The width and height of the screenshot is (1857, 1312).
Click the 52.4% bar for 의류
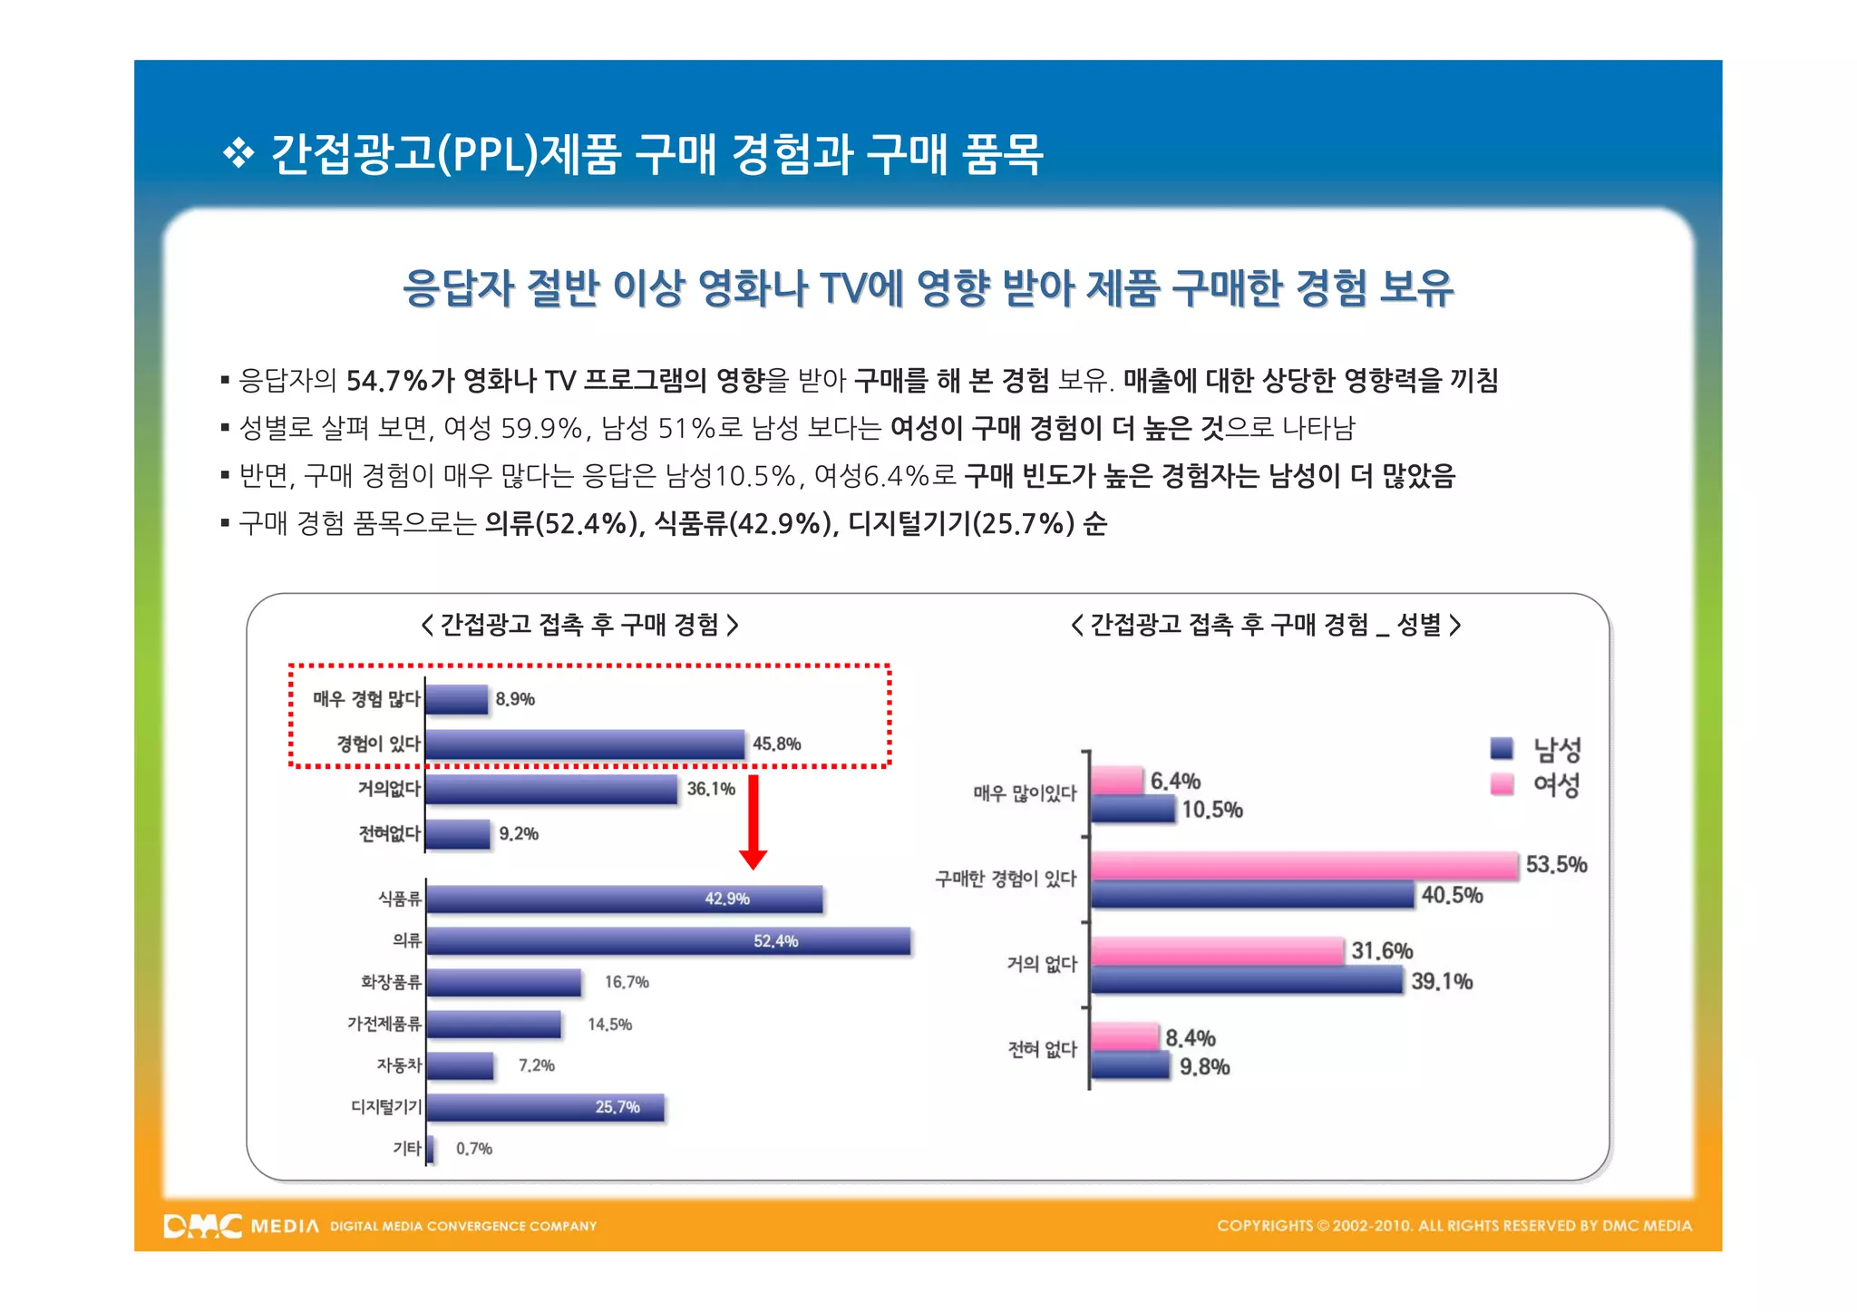668,941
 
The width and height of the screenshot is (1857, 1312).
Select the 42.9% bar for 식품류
625,899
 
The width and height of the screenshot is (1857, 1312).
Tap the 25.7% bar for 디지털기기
545,1107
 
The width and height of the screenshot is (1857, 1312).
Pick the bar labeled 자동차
460,1065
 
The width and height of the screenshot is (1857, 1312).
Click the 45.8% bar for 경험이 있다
585,744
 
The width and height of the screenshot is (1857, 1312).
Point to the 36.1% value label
711,789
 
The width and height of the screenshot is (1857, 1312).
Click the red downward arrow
753,821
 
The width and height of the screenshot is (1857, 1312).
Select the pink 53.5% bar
1304,866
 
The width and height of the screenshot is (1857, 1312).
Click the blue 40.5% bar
1252,896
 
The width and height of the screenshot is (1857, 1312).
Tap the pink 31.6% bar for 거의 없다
1217,951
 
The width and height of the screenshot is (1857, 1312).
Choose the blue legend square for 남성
1502,748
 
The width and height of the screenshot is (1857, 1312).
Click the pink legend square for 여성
1502,783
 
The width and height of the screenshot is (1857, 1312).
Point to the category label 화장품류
391,982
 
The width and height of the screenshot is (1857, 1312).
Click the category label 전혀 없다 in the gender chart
1042,1049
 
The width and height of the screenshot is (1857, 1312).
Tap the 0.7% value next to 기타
473,1149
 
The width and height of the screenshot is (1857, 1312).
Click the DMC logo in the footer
203,1226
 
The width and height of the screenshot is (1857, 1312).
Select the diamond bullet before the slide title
238,153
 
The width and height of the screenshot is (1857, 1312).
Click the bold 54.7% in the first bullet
386,380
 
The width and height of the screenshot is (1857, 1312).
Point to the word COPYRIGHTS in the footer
1264,1226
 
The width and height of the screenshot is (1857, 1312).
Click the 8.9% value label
514,699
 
